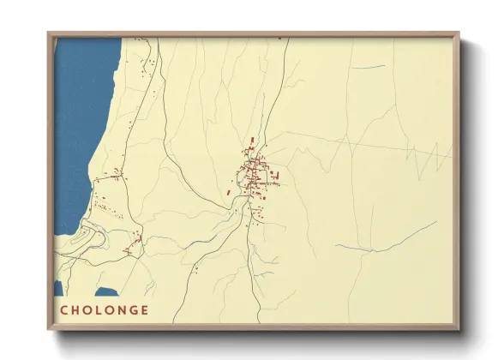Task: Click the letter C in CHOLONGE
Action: pyautogui.click(x=64, y=310)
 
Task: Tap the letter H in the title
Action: pyautogui.click(x=77, y=310)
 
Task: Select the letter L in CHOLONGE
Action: pyautogui.click(x=102, y=310)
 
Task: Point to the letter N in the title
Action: pyautogui.click(x=126, y=310)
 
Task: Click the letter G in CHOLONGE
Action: pyautogui.click(x=137, y=310)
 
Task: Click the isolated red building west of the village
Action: pyautogui.click(x=228, y=193)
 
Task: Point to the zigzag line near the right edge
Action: pyautogui.click(x=433, y=156)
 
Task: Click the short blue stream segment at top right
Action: pyautogui.click(x=369, y=67)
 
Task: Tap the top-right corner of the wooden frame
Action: pyautogui.click(x=457, y=35)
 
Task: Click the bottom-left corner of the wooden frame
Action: pyautogui.click(x=50, y=326)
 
